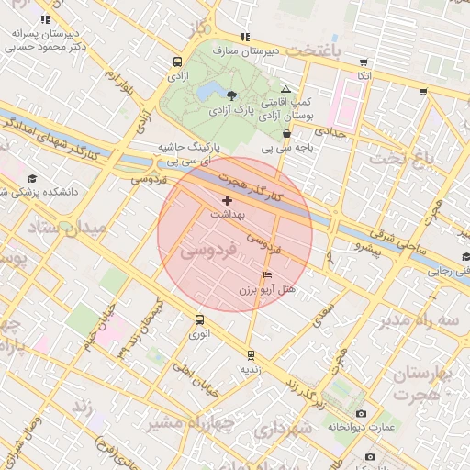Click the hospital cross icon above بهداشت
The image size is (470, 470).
[228, 199]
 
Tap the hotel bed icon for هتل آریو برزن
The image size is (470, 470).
[267, 274]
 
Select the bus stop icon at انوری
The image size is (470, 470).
[199, 320]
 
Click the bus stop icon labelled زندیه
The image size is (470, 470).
[250, 354]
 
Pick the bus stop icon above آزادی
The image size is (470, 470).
[176, 62]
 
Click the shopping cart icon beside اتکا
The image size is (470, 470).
[423, 91]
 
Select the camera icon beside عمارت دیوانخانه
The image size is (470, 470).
[360, 414]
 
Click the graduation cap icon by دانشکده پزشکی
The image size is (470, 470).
[32, 178]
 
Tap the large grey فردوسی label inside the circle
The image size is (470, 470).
[208, 249]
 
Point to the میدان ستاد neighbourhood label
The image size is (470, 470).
[50, 226]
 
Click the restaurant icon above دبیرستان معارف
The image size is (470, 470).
[245, 37]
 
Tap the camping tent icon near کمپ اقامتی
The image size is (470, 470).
[285, 88]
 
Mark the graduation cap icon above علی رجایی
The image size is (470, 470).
[465, 257]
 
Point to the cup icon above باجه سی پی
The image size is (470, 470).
[287, 133]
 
